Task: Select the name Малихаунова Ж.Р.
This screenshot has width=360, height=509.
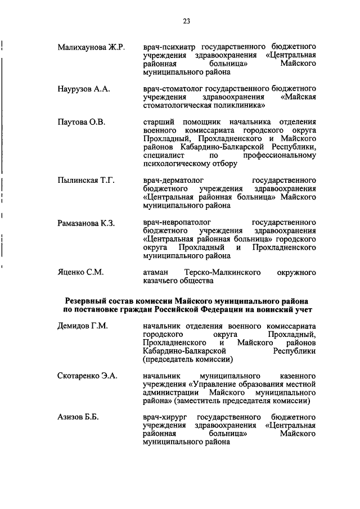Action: pos(91,46)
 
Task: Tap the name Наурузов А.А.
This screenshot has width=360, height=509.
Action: pos(83,89)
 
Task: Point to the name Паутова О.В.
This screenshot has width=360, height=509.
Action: pos(81,122)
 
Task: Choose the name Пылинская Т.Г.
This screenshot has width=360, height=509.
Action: pos(86,180)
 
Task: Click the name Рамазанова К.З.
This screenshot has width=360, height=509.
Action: pos(86,223)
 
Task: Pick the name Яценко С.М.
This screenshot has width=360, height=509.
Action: pos(80,272)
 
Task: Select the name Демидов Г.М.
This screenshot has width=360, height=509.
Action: pos(83,326)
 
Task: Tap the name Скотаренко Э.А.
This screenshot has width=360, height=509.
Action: pos(88,375)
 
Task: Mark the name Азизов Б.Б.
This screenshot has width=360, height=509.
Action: pos(78,417)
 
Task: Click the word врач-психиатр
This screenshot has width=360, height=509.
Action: pos(169,46)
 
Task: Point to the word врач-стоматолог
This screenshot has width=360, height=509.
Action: pos(173,89)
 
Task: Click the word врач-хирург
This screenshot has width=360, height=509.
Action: pos(165,417)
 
